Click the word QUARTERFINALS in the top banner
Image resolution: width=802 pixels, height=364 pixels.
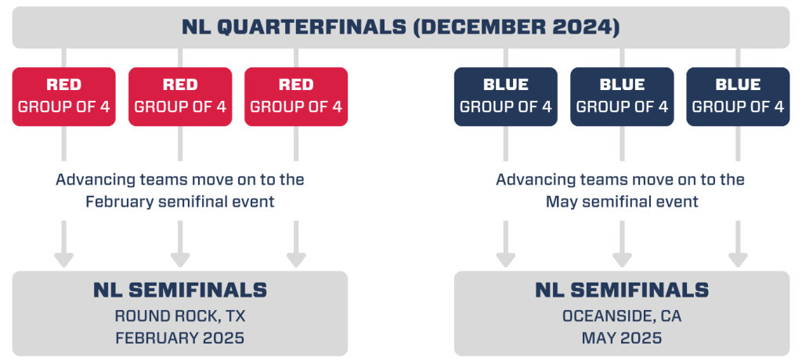312,27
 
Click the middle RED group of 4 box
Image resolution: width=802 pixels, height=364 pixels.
180,96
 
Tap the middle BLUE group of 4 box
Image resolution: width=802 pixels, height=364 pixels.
622,96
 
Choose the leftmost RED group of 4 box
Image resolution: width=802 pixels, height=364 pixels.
64,96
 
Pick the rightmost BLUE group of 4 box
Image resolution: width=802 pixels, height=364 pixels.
738,96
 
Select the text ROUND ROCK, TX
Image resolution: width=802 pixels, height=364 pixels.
180,316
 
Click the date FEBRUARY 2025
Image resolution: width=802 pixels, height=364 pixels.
180,338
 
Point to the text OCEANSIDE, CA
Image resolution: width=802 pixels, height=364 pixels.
622,316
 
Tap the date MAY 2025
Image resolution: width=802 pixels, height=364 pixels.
622,338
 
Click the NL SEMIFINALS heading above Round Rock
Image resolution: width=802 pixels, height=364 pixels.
180,290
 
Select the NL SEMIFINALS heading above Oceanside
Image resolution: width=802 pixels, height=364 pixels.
622,290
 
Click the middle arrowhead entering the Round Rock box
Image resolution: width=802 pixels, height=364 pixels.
180,260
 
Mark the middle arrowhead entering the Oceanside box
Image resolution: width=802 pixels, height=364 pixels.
622,260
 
